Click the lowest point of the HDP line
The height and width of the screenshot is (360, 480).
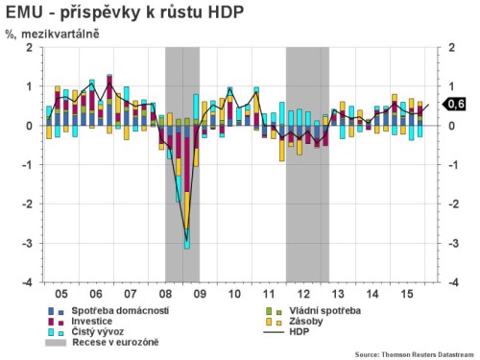(186, 229)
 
